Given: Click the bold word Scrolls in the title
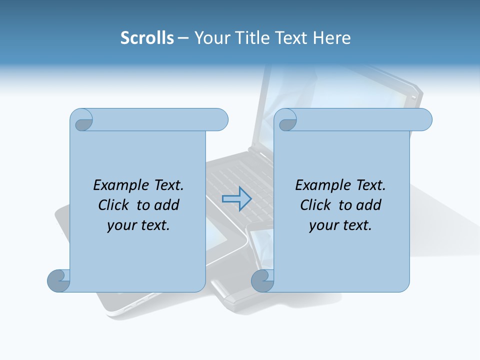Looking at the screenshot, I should point(147,38).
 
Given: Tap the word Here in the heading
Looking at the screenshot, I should point(331,38).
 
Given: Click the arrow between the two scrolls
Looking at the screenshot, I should point(236,198).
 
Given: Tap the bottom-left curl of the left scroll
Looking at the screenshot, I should point(59,281).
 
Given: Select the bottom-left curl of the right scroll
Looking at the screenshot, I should point(262,281).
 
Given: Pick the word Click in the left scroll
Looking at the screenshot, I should point(115,205).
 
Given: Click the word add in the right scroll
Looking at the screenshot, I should point(369,205).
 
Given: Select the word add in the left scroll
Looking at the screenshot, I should point(167,205).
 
